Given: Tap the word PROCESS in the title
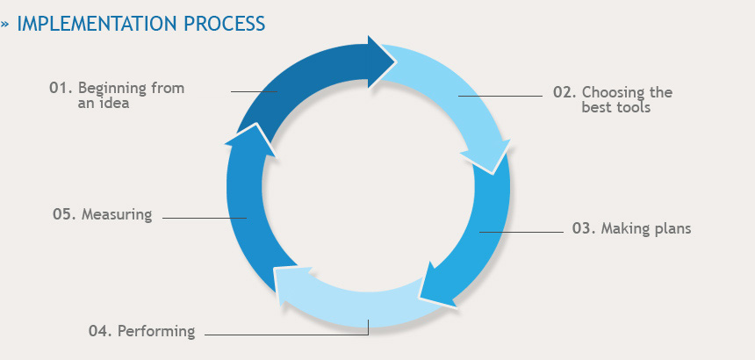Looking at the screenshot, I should [x=224, y=24].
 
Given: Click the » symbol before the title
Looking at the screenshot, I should [x=6, y=25].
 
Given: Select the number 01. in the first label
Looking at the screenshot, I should [x=60, y=89].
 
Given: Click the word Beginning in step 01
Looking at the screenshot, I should [x=110, y=89].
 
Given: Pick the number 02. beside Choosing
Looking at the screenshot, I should [x=564, y=93].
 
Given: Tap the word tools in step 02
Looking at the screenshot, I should [x=633, y=109].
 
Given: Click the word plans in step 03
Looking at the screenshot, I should [x=672, y=229].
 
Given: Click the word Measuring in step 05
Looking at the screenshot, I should [x=117, y=214].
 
